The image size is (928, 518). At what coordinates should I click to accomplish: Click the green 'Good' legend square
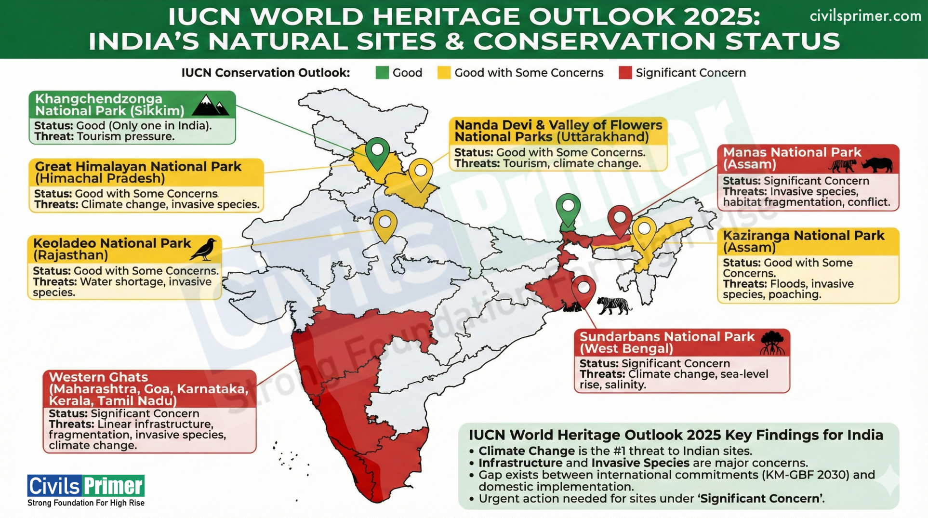pyautogui.click(x=382, y=73)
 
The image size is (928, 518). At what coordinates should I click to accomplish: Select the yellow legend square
pyautogui.click(x=444, y=73)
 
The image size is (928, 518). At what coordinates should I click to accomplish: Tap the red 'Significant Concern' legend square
pyautogui.click(x=625, y=73)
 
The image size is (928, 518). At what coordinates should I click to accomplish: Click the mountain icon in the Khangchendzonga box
pyautogui.click(x=210, y=105)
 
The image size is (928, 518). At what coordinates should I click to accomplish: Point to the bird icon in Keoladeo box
pyautogui.click(x=204, y=249)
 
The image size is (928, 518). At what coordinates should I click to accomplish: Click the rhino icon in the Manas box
pyautogui.click(x=877, y=165)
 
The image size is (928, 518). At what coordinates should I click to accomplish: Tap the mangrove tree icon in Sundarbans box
pyautogui.click(x=772, y=343)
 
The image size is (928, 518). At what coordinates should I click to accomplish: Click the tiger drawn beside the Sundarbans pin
pyautogui.click(x=614, y=305)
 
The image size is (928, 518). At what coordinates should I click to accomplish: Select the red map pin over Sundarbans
pyautogui.click(x=583, y=289)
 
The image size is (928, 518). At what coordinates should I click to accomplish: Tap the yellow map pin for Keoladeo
pyautogui.click(x=385, y=224)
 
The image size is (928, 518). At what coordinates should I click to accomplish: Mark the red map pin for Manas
pyautogui.click(x=619, y=219)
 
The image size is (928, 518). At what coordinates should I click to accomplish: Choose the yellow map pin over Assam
pyautogui.click(x=644, y=231)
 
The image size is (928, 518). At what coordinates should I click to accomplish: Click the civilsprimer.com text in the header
pyautogui.click(x=865, y=16)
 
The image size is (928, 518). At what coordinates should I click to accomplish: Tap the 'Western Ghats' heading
pyautogui.click(x=98, y=377)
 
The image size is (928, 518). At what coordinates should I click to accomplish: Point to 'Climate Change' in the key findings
pyautogui.click(x=526, y=451)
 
